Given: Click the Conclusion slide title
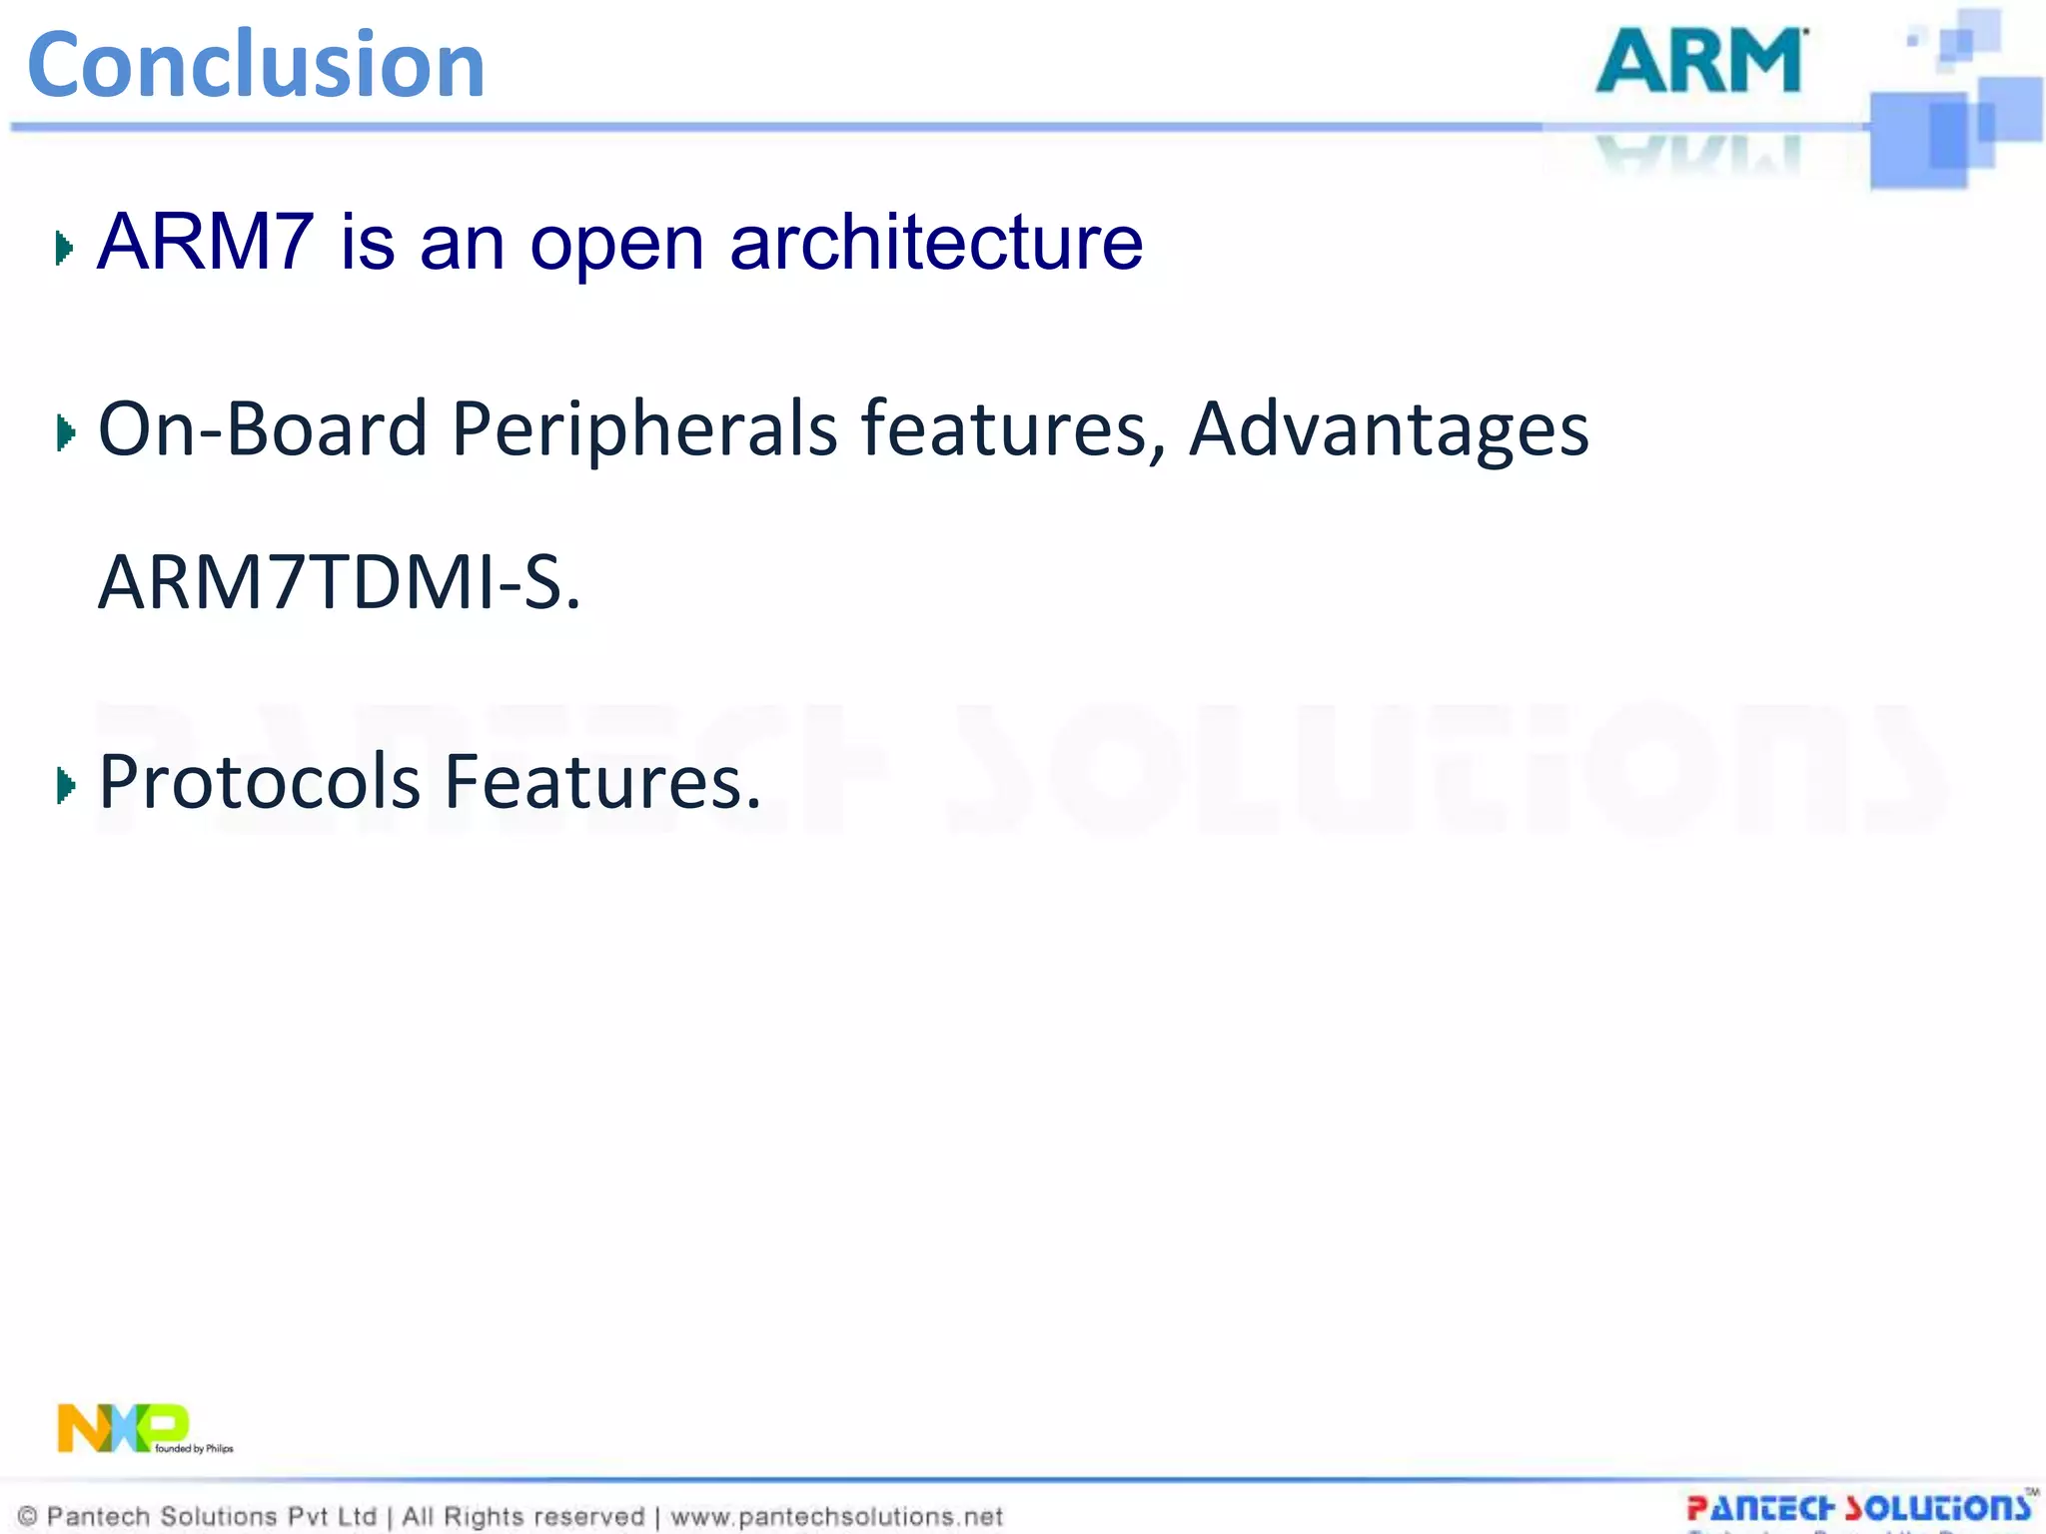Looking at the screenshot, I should [256, 66].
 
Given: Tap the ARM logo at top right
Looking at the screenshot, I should [1701, 62].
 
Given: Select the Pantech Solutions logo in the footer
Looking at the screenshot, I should [1858, 1508].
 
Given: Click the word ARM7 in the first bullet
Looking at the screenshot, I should [205, 243].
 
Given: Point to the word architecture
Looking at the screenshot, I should [936, 243].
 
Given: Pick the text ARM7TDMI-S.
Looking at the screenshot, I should [339, 582].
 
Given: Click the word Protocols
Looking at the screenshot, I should [260, 782].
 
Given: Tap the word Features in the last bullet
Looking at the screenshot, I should [601, 782].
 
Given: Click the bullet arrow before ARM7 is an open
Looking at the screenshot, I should [65, 248].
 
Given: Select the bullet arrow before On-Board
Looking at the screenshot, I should [66, 432].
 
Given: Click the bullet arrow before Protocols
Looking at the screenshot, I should [66, 786].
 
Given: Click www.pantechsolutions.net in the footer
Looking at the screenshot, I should [836, 1517].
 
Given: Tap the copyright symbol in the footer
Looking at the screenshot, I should [28, 1517].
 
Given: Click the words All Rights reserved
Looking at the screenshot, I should [522, 1517].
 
